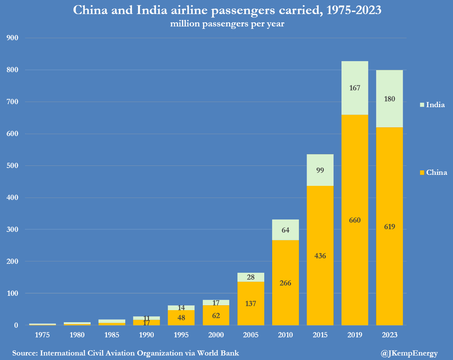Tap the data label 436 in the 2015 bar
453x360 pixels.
(320, 256)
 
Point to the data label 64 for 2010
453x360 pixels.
(285, 230)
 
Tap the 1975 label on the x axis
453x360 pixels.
(43, 335)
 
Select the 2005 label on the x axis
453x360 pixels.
(251, 335)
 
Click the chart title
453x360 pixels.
(227, 10)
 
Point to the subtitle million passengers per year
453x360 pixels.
(227, 24)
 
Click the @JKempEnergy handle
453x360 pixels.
(409, 353)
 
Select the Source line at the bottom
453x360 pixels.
(125, 353)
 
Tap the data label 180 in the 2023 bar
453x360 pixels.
(389, 99)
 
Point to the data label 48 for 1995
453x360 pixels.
(181, 318)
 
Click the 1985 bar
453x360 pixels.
(112, 322)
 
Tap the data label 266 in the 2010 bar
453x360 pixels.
(285, 283)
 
